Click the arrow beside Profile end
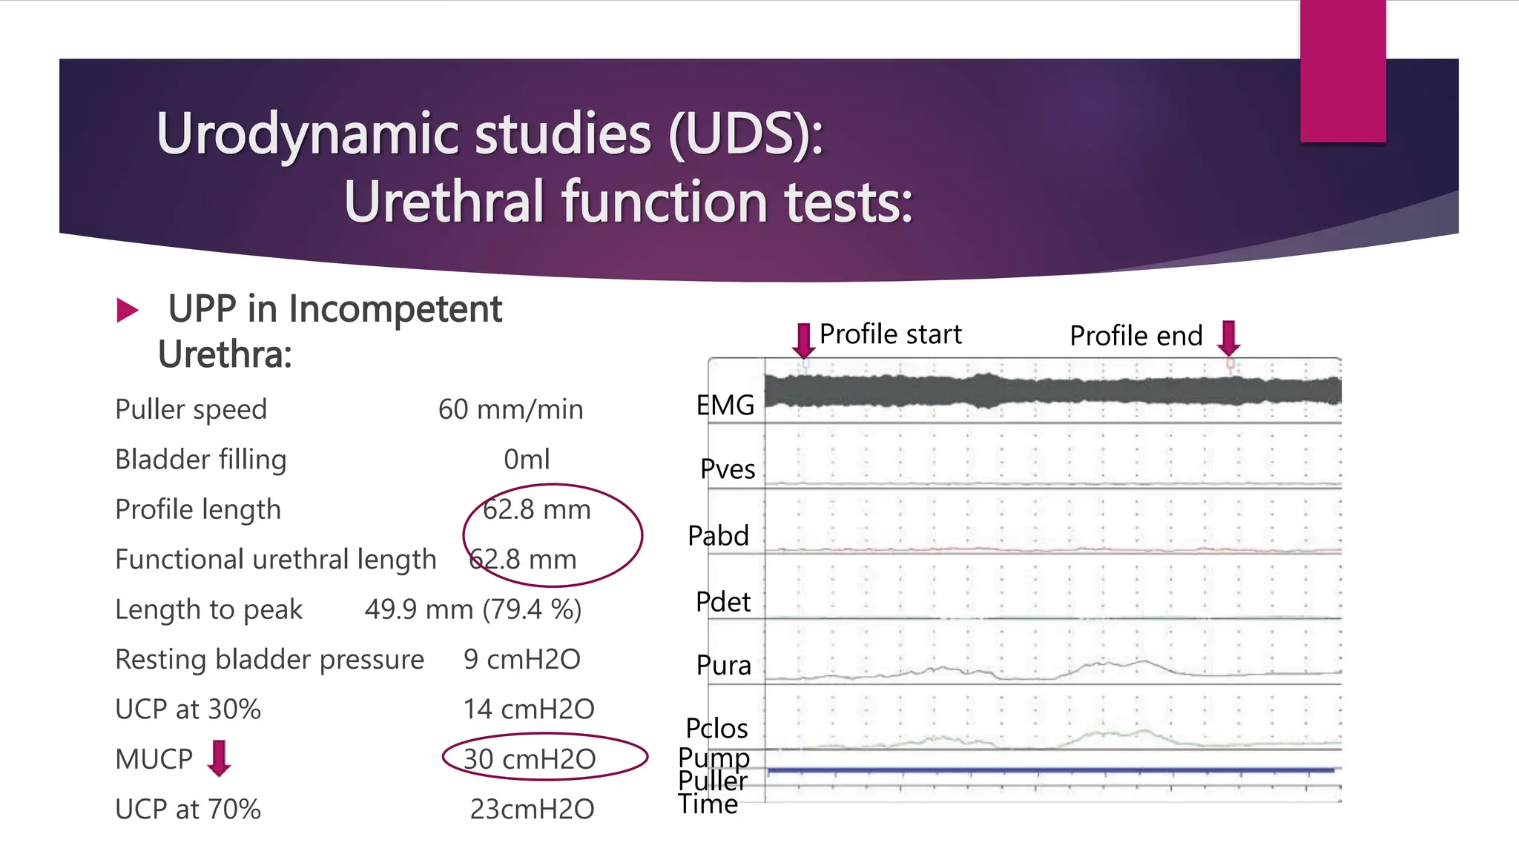click(1228, 338)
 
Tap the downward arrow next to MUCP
click(219, 758)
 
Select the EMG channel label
click(725, 406)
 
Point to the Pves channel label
click(728, 469)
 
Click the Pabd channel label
click(718, 535)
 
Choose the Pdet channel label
click(723, 601)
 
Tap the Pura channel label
click(723, 665)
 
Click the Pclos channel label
click(716, 728)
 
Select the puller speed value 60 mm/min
click(510, 409)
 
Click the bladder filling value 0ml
click(527, 460)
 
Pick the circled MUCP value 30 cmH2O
click(530, 758)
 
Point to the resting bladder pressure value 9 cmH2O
click(521, 659)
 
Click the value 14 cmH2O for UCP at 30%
click(529, 709)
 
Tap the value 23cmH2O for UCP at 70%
click(532, 809)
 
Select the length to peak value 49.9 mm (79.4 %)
click(472, 609)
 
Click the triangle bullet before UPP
click(128, 310)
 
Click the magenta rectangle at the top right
click(1342, 71)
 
